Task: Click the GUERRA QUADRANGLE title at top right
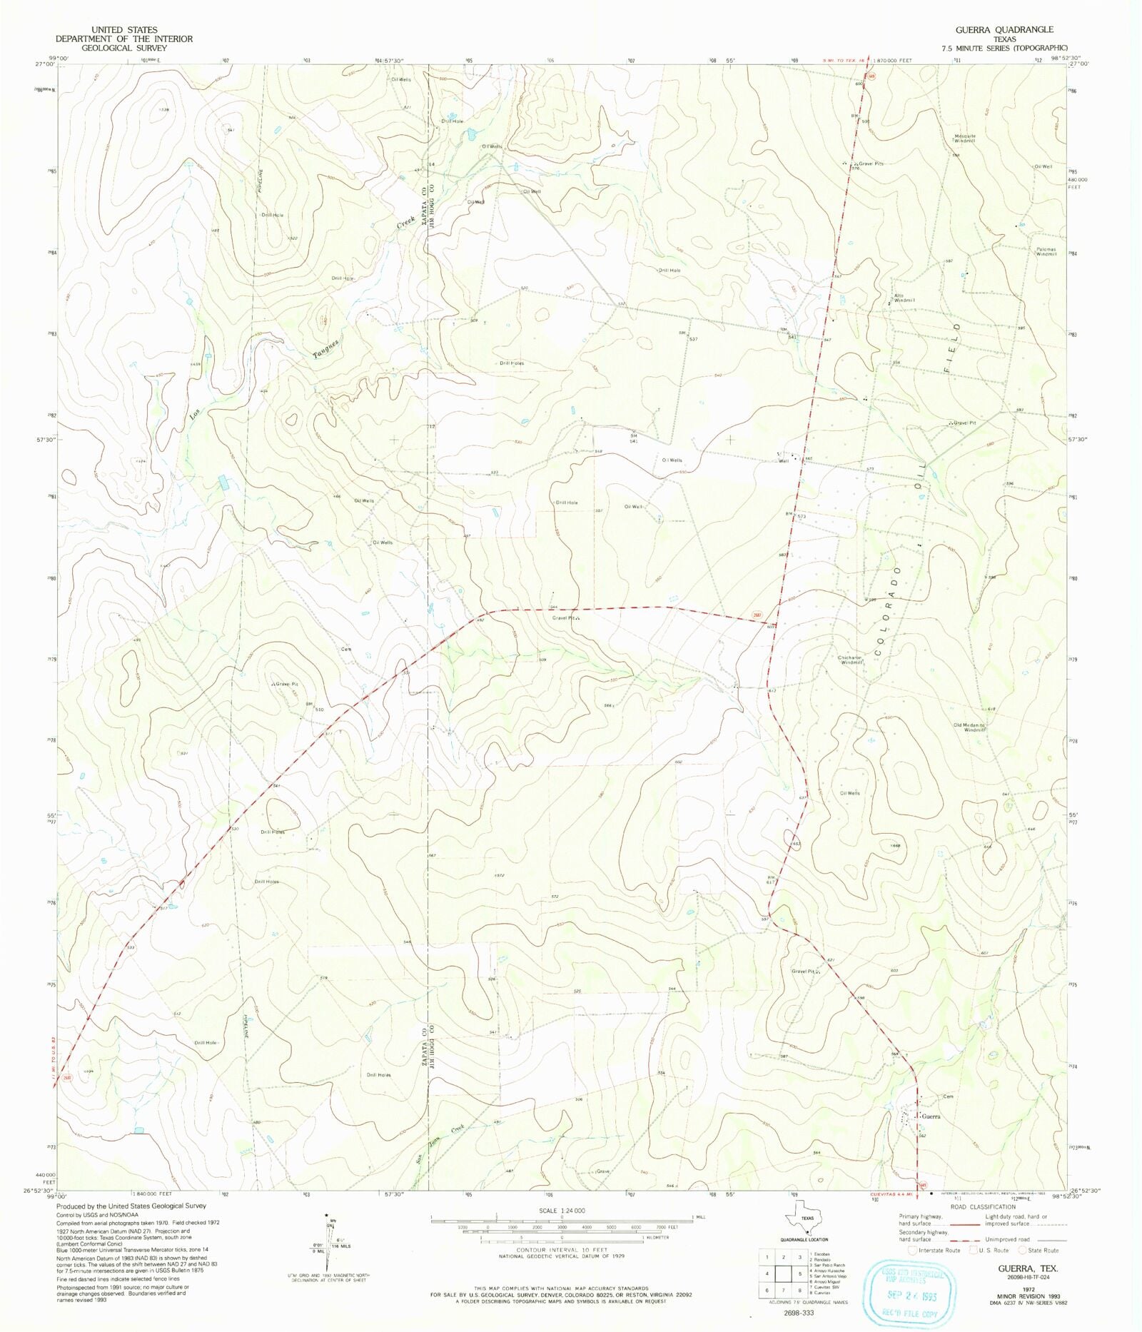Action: point(1005,29)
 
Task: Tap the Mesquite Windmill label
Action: point(964,138)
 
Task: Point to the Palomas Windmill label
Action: point(1046,251)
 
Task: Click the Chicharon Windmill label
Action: point(852,660)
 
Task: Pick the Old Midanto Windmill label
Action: point(969,727)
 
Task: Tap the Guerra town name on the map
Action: point(931,1116)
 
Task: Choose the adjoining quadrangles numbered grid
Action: point(784,1272)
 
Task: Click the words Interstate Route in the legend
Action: point(939,1250)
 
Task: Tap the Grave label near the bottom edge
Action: point(603,1171)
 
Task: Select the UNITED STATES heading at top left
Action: point(124,30)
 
